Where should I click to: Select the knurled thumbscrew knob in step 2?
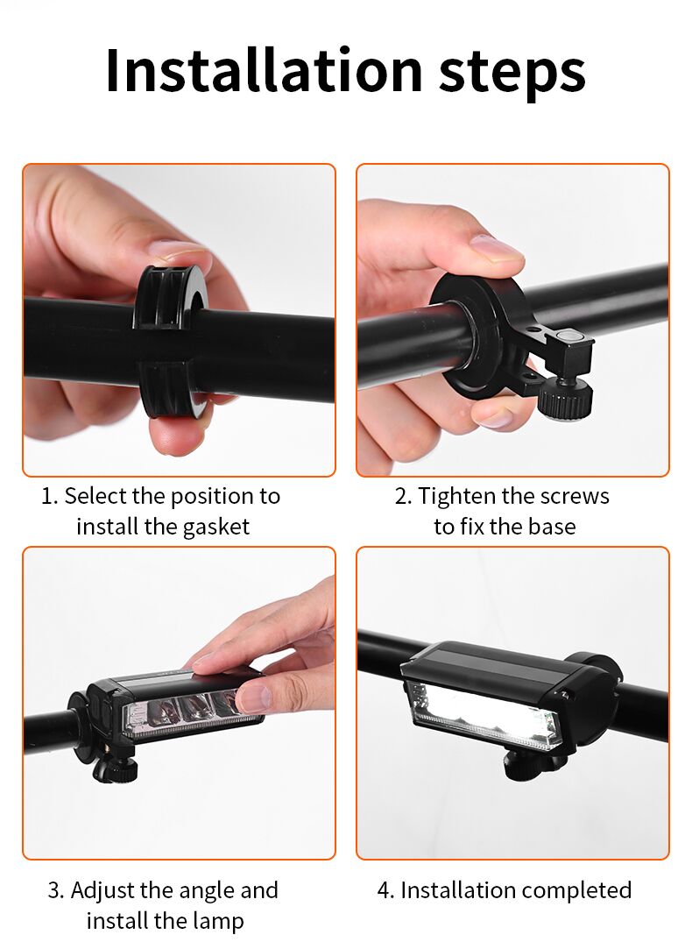click(566, 400)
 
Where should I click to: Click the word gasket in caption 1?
click(215, 528)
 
